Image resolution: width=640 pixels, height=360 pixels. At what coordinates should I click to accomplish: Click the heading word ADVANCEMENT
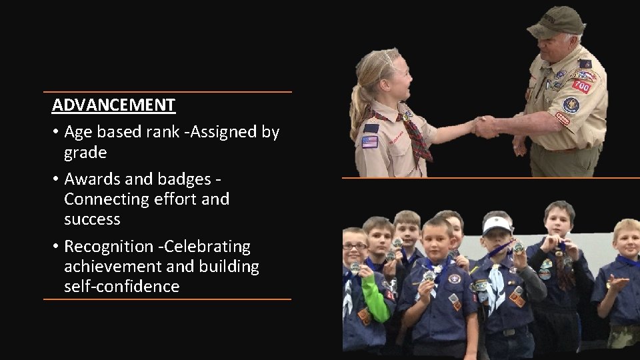[x=113, y=105]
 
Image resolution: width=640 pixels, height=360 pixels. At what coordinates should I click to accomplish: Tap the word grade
[x=85, y=153]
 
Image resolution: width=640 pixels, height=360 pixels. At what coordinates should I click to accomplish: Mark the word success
[x=91, y=219]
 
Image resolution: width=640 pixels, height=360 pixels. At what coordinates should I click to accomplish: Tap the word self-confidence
[x=121, y=287]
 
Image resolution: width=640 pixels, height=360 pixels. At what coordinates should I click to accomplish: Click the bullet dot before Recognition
[x=56, y=247]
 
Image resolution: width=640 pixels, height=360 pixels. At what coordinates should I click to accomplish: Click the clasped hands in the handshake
[x=485, y=126]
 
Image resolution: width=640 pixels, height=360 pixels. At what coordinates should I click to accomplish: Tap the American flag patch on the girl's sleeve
[x=369, y=142]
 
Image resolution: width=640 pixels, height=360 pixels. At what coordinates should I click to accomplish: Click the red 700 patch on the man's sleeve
[x=581, y=86]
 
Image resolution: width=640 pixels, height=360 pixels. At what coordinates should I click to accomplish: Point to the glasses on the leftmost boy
[x=354, y=246]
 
